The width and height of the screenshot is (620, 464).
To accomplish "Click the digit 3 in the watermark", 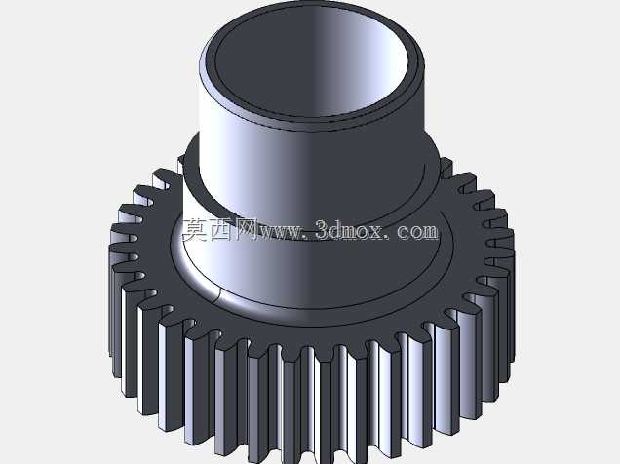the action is pyautogui.click(x=323, y=230).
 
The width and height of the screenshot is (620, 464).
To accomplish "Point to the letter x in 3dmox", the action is pyautogui.click(x=375, y=233).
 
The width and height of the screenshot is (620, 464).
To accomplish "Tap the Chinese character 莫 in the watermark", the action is pyautogui.click(x=195, y=230).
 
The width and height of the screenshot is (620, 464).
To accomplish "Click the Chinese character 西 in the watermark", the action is pyautogui.click(x=220, y=230).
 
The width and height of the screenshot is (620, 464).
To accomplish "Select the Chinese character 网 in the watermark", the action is pyautogui.click(x=246, y=230).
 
